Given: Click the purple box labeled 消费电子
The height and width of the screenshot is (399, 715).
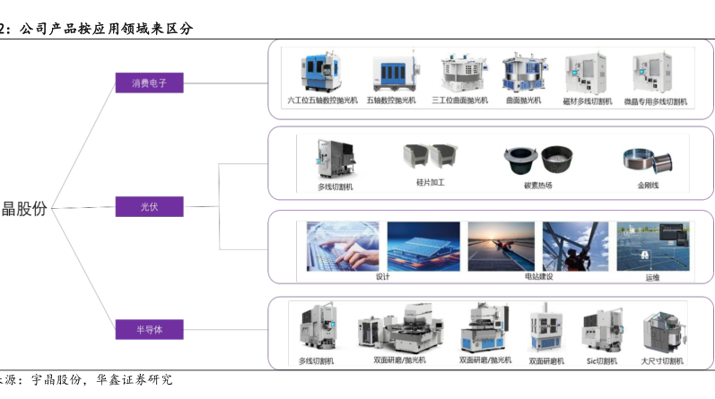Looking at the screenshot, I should (x=149, y=83).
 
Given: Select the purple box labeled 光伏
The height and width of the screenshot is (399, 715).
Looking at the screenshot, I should (x=149, y=207).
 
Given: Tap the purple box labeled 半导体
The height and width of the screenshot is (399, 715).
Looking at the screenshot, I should (x=149, y=329).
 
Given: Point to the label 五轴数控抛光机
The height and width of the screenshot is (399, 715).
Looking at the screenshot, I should (x=391, y=100).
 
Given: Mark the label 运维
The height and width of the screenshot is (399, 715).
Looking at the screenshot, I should (x=651, y=278).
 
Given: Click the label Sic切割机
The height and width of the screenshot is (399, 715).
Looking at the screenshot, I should (x=601, y=361).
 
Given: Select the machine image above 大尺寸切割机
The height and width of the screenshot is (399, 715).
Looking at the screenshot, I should (x=661, y=331).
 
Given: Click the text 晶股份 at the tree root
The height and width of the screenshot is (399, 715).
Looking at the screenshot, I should (x=24, y=208).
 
